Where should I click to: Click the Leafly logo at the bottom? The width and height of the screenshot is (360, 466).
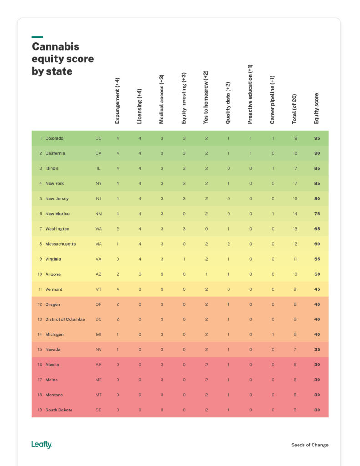pyautogui.click(x=41, y=445)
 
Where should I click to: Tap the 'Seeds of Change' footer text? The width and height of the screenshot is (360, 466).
pyautogui.click(x=309, y=445)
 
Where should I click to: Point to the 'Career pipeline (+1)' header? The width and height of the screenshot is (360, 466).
pyautogui.click(x=273, y=99)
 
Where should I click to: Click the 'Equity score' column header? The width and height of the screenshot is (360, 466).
pyautogui.click(x=317, y=108)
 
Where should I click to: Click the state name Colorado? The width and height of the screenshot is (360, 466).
pyautogui.click(x=54, y=138)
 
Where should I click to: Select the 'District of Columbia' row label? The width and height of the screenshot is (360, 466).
pyautogui.click(x=65, y=319)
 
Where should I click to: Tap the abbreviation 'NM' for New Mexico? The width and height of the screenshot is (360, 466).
pyautogui.click(x=98, y=214)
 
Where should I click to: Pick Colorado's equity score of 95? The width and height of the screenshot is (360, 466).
pyautogui.click(x=317, y=138)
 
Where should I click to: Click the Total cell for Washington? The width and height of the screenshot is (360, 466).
pyautogui.click(x=295, y=229)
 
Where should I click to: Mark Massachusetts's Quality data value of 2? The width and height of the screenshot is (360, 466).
pyautogui.click(x=228, y=244)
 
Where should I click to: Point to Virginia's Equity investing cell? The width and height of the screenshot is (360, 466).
pyautogui.click(x=184, y=259)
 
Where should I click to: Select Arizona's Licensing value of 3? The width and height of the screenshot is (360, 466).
pyautogui.click(x=140, y=274)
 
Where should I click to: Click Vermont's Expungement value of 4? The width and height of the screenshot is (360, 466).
pyautogui.click(x=117, y=289)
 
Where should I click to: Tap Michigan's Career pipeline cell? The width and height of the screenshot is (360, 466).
pyautogui.click(x=273, y=334)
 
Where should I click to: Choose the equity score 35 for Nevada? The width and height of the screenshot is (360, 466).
pyautogui.click(x=317, y=349)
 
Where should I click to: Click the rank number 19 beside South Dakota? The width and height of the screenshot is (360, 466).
pyautogui.click(x=40, y=410)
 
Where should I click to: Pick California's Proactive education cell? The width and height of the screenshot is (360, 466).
pyautogui.click(x=250, y=153)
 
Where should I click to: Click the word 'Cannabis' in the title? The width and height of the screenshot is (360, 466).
pyautogui.click(x=55, y=47)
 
